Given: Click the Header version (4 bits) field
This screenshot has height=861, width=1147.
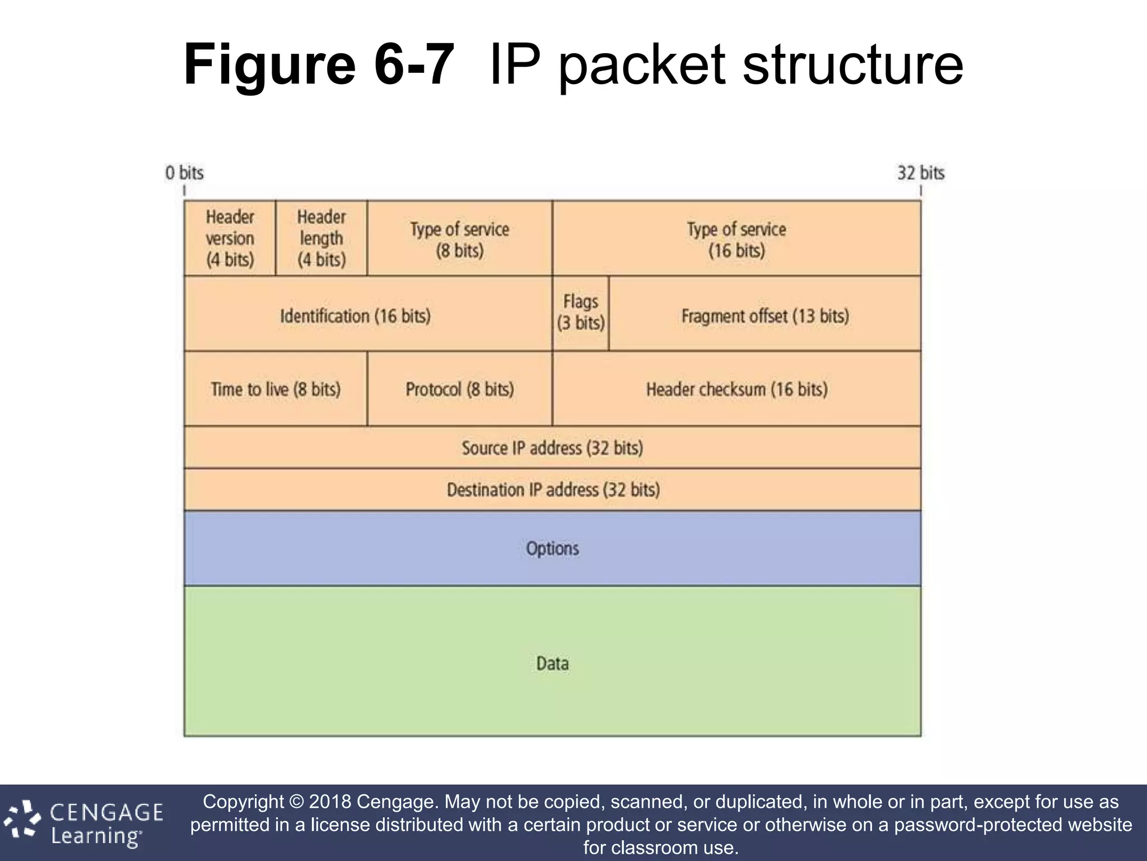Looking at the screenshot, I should (x=230, y=238).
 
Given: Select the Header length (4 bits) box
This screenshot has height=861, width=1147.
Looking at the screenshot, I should (x=321, y=238).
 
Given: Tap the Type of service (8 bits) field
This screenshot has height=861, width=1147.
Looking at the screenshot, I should (x=460, y=239).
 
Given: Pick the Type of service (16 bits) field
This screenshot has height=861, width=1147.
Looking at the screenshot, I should (x=736, y=239).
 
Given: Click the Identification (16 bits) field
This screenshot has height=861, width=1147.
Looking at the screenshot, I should (x=356, y=316).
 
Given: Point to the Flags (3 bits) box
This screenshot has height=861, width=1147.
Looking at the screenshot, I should (x=581, y=313).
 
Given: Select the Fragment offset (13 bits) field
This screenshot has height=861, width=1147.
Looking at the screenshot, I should (x=765, y=316).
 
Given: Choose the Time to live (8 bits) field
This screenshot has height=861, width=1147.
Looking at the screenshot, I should (x=276, y=389).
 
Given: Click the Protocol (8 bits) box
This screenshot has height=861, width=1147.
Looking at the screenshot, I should (x=460, y=389).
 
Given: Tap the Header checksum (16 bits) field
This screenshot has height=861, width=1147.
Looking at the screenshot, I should (x=736, y=389).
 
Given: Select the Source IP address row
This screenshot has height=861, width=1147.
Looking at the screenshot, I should (x=552, y=448).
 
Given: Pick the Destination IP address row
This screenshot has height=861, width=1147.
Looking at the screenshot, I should (x=553, y=490).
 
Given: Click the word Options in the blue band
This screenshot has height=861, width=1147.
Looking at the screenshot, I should (x=552, y=548).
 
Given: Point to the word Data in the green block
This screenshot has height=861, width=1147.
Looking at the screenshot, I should (x=552, y=664).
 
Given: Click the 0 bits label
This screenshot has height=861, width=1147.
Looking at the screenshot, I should (x=184, y=173).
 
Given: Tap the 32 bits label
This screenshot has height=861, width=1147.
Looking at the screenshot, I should (x=921, y=173).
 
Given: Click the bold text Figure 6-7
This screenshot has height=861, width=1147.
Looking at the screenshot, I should (x=318, y=65).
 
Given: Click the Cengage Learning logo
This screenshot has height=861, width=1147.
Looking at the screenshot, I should (x=84, y=823).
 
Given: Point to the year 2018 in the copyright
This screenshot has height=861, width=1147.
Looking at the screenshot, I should (x=330, y=802).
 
